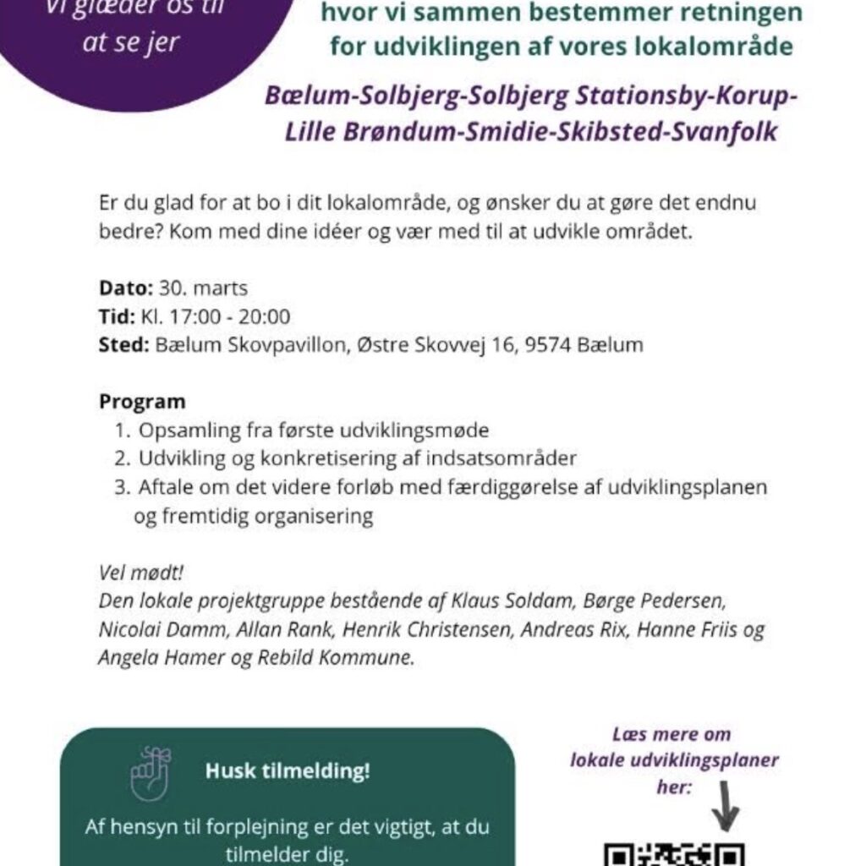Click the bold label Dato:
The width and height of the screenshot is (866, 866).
click(125, 288)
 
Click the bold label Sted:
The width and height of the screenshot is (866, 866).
click(124, 345)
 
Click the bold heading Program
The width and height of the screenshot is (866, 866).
click(142, 401)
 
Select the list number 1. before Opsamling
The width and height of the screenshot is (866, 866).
click(123, 430)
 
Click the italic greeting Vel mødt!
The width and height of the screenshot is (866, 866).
click(141, 573)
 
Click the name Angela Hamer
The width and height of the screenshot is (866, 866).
click(161, 659)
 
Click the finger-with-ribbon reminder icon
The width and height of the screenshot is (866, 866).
click(151, 773)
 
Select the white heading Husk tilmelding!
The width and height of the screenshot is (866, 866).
click(288, 772)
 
